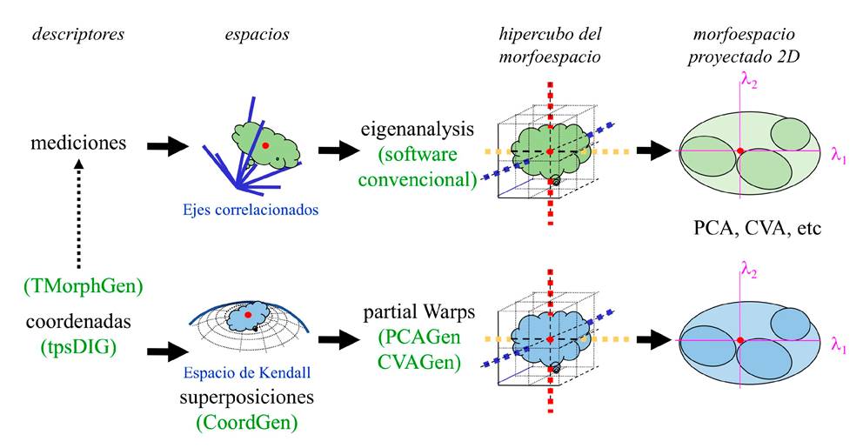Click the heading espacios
coord(253,35)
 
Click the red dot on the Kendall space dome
coord(248,314)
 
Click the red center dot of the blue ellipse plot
coord(740,338)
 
